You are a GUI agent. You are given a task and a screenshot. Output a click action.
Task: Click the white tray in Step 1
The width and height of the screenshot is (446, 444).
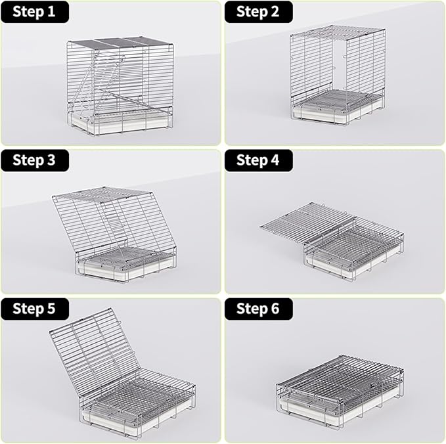pyautogui.click(x=118, y=123)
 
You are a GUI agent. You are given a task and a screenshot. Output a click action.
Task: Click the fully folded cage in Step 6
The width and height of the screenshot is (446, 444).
pyautogui.click(x=338, y=388)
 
